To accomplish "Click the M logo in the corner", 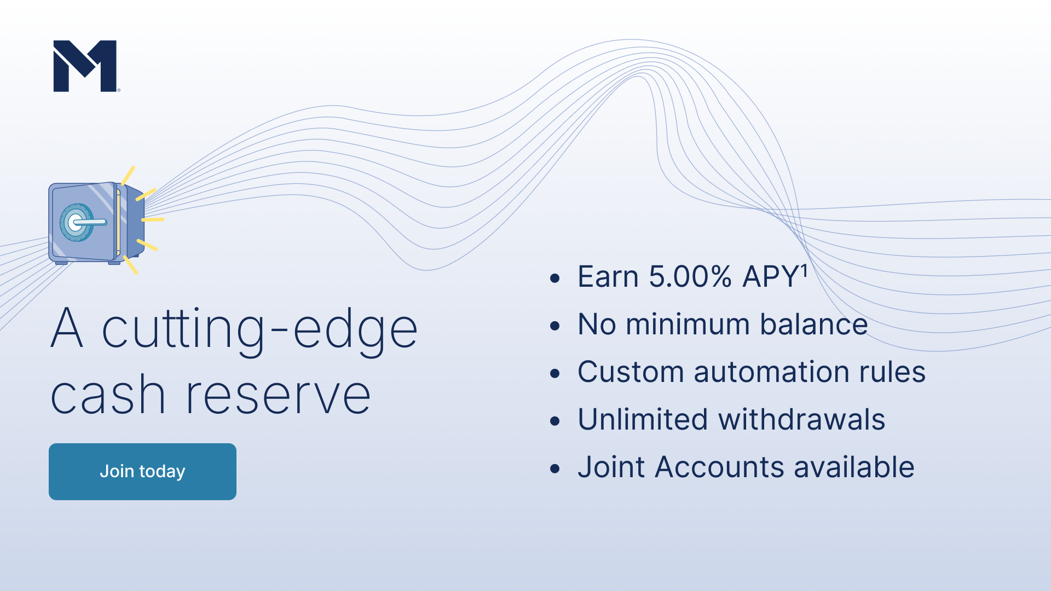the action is point(85,66).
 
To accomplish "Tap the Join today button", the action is point(142,471).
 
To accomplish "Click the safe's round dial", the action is point(76,223).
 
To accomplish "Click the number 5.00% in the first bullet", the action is point(690,276).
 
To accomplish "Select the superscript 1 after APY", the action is point(804,270).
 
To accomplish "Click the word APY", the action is point(771,276).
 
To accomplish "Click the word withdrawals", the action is point(801,420).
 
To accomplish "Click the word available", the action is point(854,467).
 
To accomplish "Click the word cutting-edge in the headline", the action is point(260,329).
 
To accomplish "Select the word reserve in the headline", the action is point(279,395).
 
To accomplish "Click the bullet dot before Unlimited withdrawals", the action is point(555,421).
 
